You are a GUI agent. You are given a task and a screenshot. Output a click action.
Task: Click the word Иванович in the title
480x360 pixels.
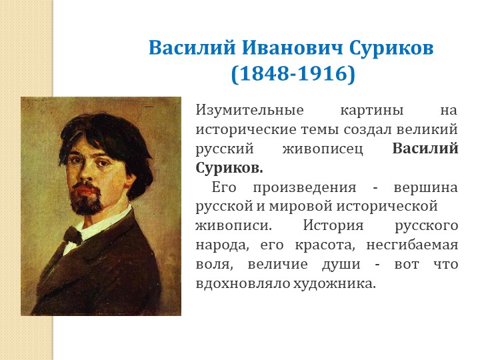[x=293, y=48]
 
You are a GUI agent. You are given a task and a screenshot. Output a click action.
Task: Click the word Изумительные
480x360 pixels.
[x=249, y=110]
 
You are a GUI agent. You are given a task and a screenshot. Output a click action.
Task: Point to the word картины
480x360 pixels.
[x=372, y=111]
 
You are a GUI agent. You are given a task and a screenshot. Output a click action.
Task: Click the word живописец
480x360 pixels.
[x=323, y=149]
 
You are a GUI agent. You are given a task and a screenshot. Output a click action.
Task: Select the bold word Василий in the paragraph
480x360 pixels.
[x=425, y=149]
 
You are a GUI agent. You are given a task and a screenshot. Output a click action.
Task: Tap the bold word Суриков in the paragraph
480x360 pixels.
[x=229, y=168]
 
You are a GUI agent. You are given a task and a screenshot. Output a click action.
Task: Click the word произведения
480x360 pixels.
[x=305, y=187]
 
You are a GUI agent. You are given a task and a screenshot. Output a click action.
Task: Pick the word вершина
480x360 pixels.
[x=426, y=187]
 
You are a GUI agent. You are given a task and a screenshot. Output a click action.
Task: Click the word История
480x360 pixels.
[x=333, y=225]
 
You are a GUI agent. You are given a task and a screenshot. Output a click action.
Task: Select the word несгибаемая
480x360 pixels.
[x=412, y=245]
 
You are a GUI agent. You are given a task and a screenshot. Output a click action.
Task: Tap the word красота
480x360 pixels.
[x=325, y=245]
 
